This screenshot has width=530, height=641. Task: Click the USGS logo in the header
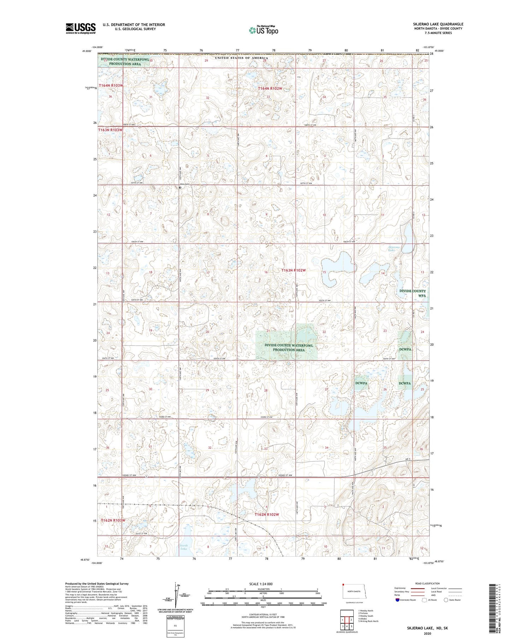click(x=81, y=28)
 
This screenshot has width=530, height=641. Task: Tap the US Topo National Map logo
click(x=263, y=30)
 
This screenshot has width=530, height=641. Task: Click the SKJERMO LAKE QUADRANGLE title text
click(x=438, y=24)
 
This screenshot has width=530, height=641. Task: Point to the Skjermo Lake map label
click(x=394, y=249)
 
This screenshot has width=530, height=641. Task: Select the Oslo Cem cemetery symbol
click(x=180, y=188)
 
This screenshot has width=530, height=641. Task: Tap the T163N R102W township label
click(x=293, y=270)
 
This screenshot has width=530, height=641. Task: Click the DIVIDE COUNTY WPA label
click(x=413, y=293)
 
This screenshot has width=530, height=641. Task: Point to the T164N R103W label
click(x=111, y=86)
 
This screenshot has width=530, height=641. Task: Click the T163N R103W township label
click(x=110, y=130)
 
